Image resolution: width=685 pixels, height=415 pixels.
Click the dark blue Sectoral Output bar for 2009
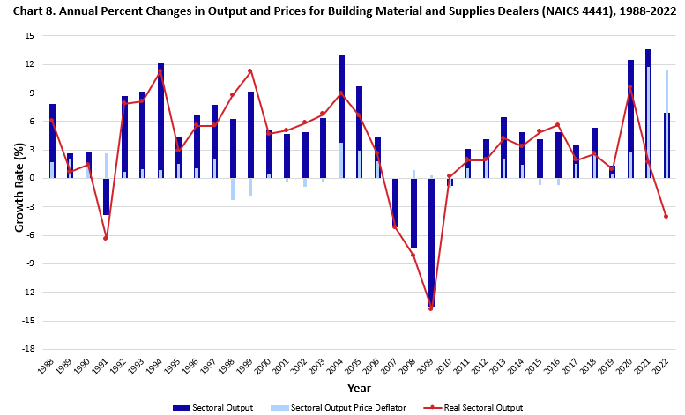tap(431, 241)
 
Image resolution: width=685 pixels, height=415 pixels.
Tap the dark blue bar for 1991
tap(106, 196)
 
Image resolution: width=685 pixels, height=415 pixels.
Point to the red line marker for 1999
tap(250, 71)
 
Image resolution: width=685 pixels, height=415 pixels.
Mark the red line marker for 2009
tap(431, 308)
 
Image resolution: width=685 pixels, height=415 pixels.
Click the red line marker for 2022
tap(666, 216)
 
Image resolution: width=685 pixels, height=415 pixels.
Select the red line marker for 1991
tap(106, 238)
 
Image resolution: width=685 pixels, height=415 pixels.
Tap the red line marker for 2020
tap(630, 86)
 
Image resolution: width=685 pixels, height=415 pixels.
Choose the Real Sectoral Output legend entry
tap(482, 407)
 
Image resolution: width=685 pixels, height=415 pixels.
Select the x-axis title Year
tap(359, 388)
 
